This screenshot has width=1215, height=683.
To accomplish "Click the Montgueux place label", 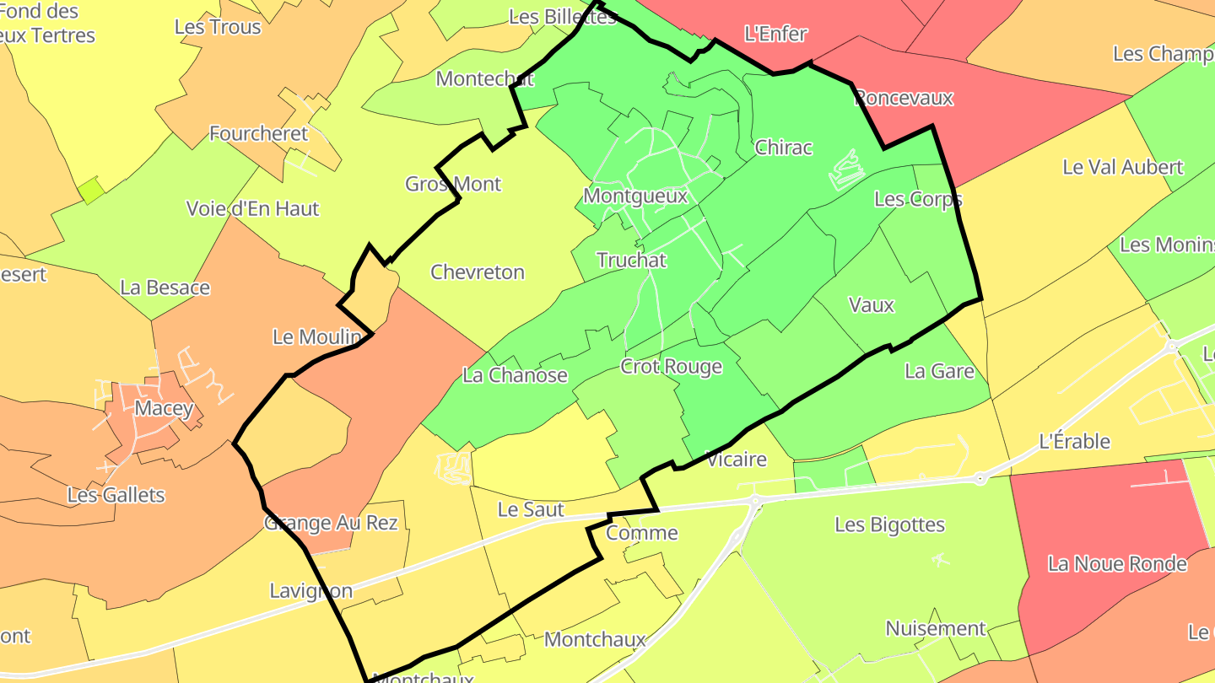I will [635, 196].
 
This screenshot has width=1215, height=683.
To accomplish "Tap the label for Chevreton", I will [478, 272].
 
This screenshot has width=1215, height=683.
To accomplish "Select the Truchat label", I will [631, 260].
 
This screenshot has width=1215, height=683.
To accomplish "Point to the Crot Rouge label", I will [671, 366].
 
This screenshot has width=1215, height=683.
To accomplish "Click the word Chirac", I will [783, 148].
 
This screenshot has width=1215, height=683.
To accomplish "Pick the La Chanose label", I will [515, 374].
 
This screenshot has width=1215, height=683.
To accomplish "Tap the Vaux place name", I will [871, 304].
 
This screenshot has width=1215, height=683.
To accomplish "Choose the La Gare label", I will [939, 371].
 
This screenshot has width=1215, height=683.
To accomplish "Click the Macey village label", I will [165, 409].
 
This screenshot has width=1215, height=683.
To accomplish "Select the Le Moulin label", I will [317, 337].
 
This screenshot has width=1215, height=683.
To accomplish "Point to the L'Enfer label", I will [775, 34].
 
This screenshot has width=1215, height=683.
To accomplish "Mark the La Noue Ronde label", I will [1117, 563].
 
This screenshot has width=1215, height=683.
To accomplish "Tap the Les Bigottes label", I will [889, 524].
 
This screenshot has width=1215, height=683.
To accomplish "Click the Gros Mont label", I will [453, 184].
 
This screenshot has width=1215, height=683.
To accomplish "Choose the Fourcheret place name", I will [259, 133].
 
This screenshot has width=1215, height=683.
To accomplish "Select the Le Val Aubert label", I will [1122, 167].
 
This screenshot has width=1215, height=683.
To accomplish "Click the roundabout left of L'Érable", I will [980, 479].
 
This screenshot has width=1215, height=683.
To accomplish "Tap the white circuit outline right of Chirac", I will [846, 170].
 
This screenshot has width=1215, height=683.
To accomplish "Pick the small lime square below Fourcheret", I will [92, 191].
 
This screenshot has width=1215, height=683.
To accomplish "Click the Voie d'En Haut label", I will [252, 208].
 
